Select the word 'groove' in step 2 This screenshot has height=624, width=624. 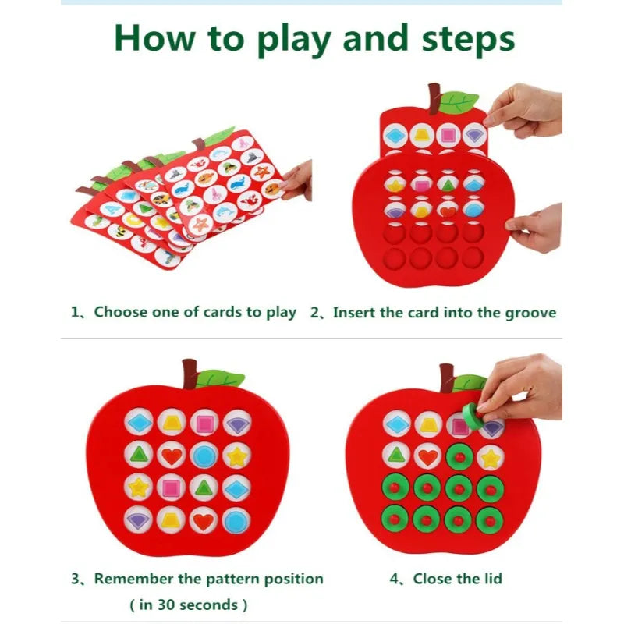click(x=530, y=313)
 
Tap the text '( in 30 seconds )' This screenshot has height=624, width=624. click(x=188, y=604)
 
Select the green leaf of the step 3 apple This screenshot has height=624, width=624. click(x=221, y=378)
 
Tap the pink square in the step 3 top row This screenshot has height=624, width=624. click(x=204, y=423)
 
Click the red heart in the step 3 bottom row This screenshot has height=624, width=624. click(x=204, y=519)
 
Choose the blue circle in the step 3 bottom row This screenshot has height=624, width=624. click(x=237, y=519)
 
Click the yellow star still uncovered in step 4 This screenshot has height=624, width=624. click(x=491, y=456)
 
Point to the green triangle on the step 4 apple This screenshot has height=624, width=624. click(x=396, y=456)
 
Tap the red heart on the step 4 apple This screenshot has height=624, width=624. click(x=427, y=456)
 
